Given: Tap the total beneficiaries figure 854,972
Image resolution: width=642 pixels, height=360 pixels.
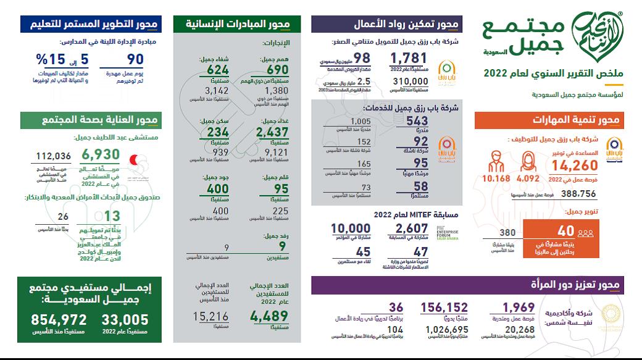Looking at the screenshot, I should pos(60,320).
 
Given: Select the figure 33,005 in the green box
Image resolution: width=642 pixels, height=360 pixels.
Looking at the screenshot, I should pos(127,320).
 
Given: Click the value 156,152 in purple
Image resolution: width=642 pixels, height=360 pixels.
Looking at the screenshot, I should pos(444,308).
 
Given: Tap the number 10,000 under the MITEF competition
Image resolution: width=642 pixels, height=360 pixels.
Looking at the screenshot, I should pos(350,230).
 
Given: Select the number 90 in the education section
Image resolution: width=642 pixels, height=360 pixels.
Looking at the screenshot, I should pos(135,61).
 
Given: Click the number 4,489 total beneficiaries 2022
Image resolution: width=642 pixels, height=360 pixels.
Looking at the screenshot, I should pos(270,317).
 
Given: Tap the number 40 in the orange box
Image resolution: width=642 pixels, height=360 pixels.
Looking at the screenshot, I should pos(566,232).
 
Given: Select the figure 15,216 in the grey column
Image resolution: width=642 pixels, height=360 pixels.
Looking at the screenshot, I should pos(211,317).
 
